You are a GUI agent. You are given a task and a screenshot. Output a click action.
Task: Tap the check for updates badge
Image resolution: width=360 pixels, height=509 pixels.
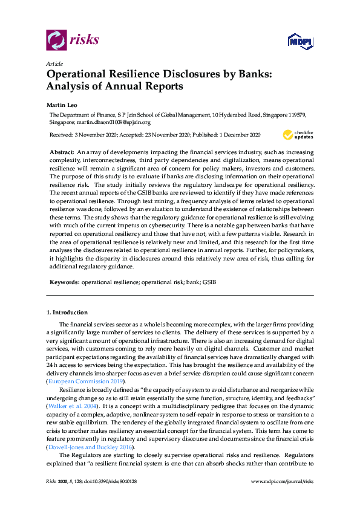coord(298,134)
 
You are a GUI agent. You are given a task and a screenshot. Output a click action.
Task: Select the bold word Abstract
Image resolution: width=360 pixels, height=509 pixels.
coord(61,150)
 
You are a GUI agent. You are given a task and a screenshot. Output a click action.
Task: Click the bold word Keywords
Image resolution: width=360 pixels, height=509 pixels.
coord(63,282)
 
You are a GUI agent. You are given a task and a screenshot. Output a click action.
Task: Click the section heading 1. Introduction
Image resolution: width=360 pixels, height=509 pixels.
coord(67,313)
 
